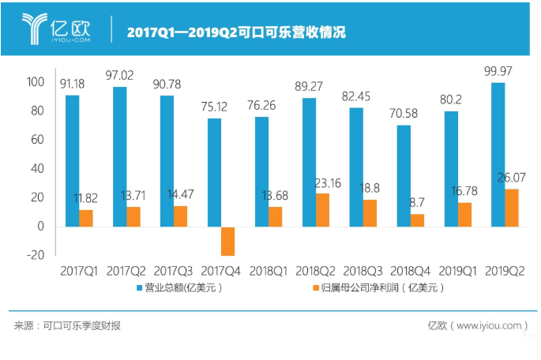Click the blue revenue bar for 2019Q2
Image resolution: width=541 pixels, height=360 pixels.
pyautogui.click(x=498, y=155)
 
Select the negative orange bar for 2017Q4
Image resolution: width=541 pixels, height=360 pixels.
pyautogui.click(x=228, y=241)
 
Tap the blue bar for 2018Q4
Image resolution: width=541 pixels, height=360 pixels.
pyautogui.click(x=404, y=176)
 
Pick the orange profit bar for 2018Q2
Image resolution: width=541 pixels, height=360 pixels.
pyautogui.click(x=323, y=210)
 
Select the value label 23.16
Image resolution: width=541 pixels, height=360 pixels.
pyautogui.click(x=325, y=183)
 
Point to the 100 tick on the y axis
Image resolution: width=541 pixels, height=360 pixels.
pyautogui.click(x=35, y=81)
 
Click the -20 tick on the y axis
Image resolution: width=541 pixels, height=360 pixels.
pyautogui.click(x=35, y=256)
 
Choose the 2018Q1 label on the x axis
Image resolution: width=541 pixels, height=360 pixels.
pyautogui.click(x=269, y=272)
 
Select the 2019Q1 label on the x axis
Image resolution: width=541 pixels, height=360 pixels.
pyautogui.click(x=457, y=272)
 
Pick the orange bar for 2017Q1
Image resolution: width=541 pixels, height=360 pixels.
pyautogui.click(x=86, y=218)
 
